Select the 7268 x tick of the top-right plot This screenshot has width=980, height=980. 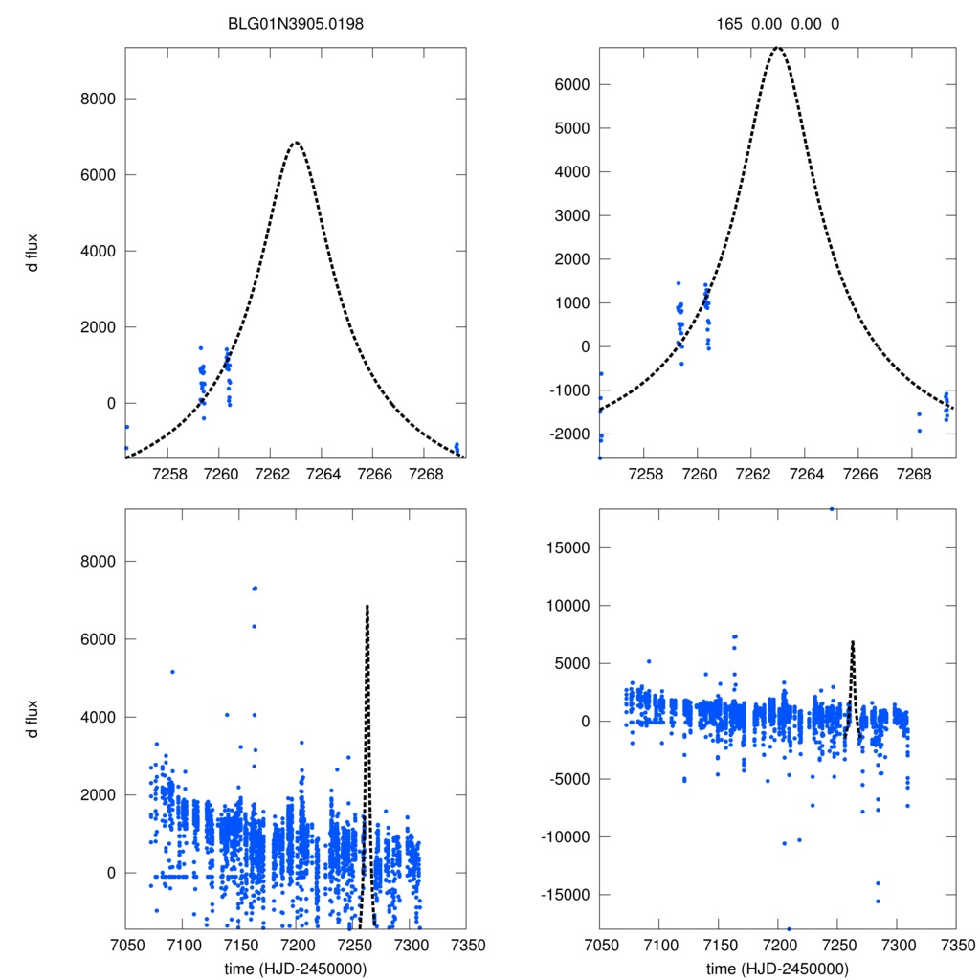pos(913,477)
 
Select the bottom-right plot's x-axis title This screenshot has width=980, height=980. pos(777,968)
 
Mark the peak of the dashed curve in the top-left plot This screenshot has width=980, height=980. pos(296,143)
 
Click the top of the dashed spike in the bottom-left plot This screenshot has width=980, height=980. pos(367,606)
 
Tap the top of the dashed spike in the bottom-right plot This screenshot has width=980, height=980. pos(852,642)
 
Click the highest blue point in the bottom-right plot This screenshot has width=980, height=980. pos(832,509)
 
